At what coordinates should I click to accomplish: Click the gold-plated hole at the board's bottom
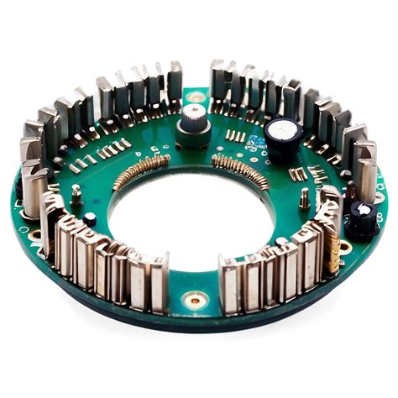195,298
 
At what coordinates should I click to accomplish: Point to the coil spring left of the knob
140,169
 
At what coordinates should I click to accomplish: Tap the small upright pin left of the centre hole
76,195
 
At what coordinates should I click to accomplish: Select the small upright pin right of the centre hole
304,199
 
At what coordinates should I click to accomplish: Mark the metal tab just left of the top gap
175,82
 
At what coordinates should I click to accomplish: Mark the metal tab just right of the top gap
217,81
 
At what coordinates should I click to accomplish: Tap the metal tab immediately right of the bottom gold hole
229,284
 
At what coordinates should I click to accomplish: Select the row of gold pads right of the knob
236,137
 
